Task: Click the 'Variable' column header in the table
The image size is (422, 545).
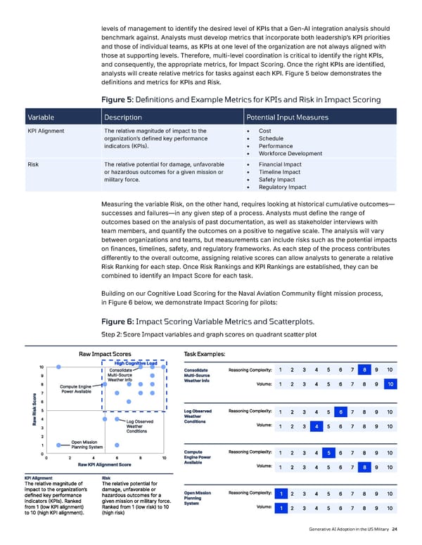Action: click(43, 117)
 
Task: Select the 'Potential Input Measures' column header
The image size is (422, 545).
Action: click(284, 117)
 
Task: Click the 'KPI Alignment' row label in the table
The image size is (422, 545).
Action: click(46, 131)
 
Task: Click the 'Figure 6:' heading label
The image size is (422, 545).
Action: click(124, 321)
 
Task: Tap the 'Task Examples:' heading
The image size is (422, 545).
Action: click(204, 354)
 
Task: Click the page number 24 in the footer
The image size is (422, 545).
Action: click(396, 529)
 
